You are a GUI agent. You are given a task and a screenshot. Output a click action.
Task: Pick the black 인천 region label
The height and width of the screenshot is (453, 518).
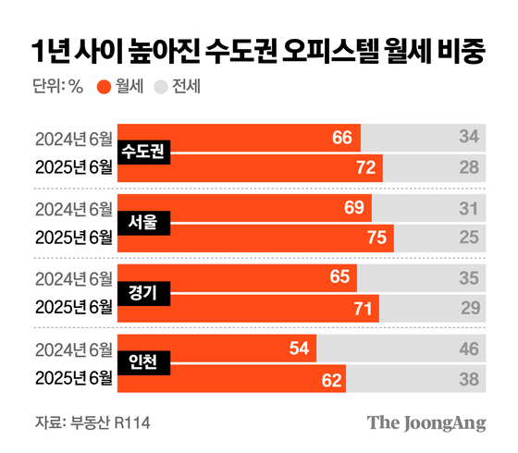[x=143, y=363]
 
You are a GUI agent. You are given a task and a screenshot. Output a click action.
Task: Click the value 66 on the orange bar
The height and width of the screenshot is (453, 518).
[x=342, y=138]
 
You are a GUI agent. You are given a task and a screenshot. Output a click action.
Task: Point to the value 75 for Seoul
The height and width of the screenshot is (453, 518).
[x=376, y=238]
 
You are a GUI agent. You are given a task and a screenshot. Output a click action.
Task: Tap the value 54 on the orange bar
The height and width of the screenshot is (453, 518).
[x=298, y=349]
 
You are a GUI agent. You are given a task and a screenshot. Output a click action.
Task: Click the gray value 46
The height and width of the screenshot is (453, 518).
[x=469, y=349]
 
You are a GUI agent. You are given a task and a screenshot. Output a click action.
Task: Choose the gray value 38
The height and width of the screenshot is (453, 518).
[x=469, y=378]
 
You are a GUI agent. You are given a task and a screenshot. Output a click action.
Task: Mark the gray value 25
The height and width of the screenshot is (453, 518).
[x=469, y=238]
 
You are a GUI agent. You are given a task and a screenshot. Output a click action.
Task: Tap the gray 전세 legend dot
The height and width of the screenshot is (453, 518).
[x=160, y=88]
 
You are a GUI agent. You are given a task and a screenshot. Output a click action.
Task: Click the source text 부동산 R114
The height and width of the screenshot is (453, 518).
[x=109, y=422]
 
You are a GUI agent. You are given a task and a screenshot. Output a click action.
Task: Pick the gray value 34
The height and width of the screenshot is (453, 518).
[x=469, y=138]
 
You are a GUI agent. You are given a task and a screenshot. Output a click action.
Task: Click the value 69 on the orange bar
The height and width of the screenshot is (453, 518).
[x=353, y=208]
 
